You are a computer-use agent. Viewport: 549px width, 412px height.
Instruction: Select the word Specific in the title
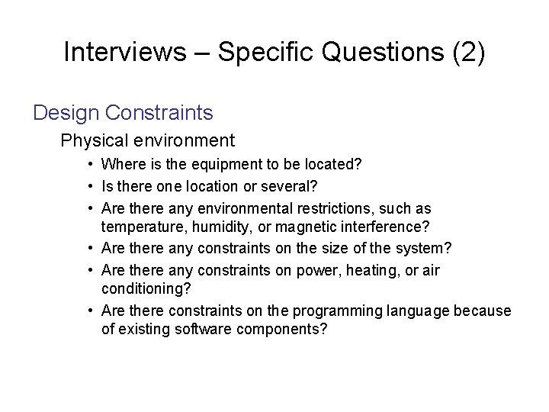tap(256, 52)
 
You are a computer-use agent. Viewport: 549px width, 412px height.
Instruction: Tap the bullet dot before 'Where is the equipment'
tap(89, 163)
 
